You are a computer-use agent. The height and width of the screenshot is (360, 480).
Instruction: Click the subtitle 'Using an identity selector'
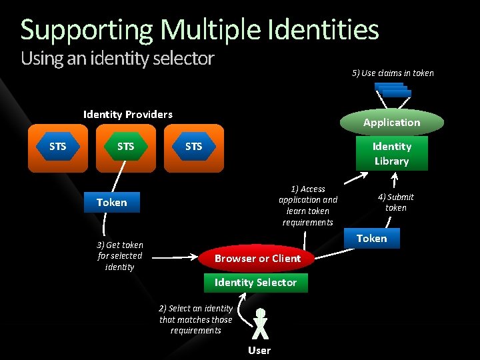coord(117,59)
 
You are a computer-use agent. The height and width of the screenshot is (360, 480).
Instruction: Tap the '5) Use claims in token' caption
coord(393,73)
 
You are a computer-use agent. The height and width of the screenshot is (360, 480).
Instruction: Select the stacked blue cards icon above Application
coord(393,90)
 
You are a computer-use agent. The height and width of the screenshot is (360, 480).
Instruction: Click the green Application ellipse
coord(392,123)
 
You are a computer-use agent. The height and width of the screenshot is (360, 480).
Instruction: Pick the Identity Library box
coord(392,153)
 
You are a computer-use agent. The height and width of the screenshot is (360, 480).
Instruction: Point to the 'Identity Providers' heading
coord(127,114)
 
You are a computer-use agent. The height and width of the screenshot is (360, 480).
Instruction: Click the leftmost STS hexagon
coord(58,147)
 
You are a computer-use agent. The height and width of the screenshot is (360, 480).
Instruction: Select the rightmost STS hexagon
coord(193,147)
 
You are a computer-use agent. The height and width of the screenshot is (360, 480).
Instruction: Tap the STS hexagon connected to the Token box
coord(125,147)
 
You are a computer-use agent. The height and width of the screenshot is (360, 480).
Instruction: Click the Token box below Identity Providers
coord(111,203)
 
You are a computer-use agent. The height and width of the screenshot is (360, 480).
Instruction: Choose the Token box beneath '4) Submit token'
coord(371,239)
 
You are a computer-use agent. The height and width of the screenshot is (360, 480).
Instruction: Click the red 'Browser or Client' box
coord(257,259)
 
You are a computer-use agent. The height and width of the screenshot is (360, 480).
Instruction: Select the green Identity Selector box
coord(255,283)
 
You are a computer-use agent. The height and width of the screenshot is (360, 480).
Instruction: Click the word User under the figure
coord(259,351)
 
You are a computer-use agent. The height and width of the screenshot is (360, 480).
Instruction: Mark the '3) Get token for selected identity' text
coord(120,256)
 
